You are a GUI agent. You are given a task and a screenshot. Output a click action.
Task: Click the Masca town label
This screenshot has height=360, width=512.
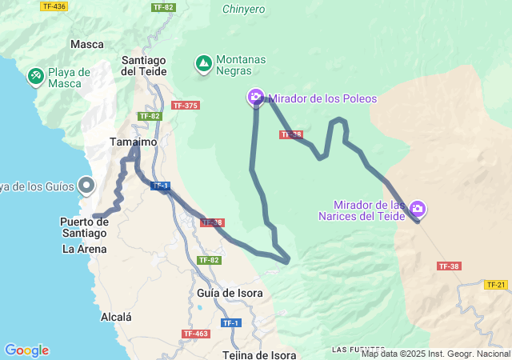point(87,44)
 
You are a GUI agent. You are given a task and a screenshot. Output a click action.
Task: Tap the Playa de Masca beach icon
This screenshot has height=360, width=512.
point(36,77)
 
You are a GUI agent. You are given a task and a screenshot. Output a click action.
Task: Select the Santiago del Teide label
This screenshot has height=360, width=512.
point(144,65)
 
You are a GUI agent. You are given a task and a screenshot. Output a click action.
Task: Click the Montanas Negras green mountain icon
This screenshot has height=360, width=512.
point(204,62)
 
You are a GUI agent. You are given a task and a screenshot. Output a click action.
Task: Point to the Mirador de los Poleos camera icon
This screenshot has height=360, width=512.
point(256,98)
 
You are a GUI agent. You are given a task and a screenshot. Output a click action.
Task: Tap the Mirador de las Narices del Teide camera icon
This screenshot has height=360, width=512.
point(417,209)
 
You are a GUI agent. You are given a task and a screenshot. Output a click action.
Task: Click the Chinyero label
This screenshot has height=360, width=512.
point(244,9)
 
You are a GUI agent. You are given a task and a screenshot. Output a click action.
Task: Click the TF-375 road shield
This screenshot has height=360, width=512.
point(186,106)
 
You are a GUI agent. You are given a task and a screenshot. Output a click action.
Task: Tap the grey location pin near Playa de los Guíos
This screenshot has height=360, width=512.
point(87,186)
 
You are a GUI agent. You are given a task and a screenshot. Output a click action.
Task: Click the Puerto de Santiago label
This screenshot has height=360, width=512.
point(83,227)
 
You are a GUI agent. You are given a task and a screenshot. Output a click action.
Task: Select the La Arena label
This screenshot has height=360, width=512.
point(83,249)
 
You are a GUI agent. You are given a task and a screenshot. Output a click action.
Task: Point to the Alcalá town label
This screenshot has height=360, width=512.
point(116,317)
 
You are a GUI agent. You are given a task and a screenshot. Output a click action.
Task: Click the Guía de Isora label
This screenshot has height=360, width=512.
point(230,293)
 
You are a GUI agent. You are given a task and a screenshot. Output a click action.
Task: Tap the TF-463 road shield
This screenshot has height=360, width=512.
point(196,334)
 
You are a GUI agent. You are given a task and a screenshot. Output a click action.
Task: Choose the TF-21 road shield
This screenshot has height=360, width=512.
point(496,284)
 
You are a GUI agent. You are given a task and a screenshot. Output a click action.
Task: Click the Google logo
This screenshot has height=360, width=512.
point(26,350)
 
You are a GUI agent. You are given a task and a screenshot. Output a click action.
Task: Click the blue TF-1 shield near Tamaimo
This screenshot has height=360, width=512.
point(160,186)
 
